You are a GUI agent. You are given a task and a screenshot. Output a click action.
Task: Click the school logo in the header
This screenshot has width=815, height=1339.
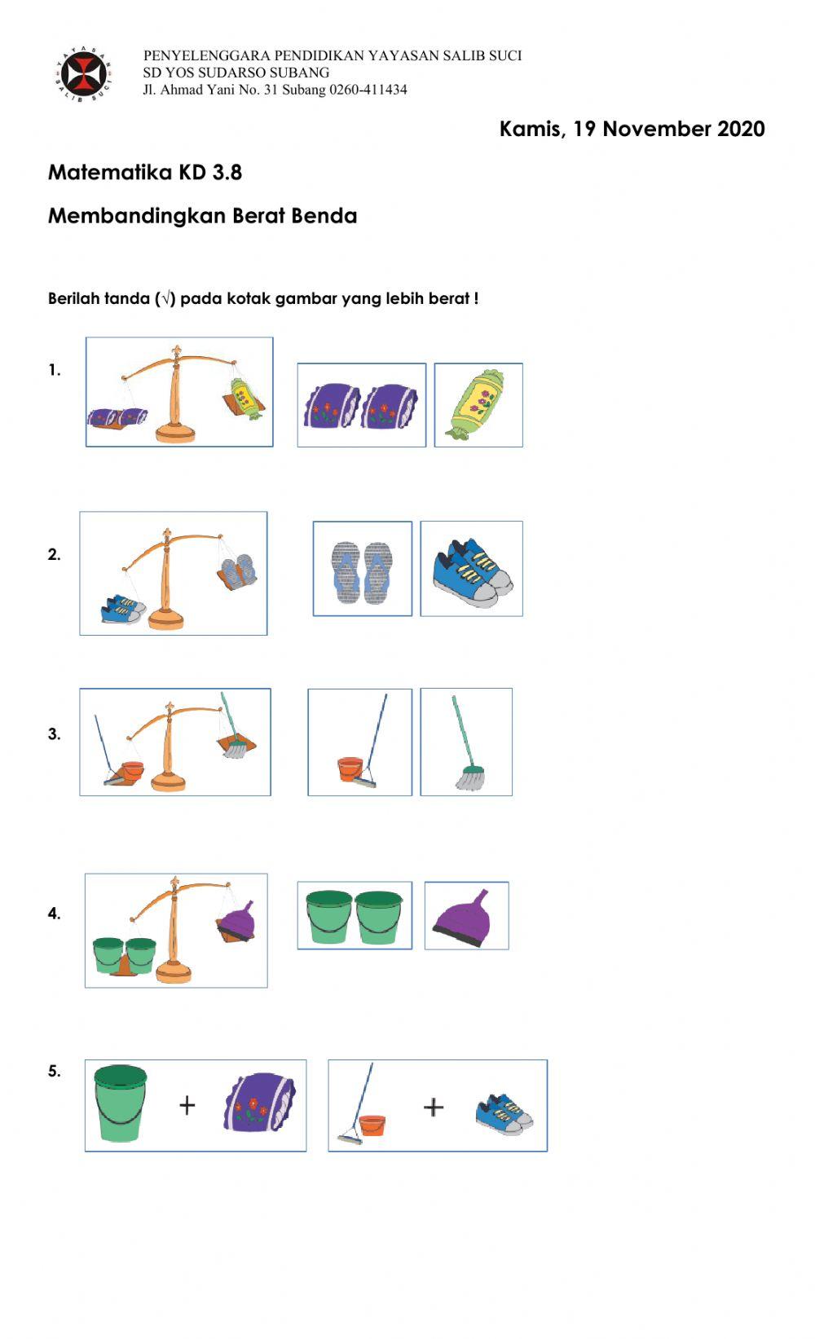tap(85, 75)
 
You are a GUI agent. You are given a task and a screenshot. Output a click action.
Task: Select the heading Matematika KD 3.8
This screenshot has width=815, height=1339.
tap(145, 173)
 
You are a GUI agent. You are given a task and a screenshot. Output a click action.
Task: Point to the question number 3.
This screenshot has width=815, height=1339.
tap(53, 734)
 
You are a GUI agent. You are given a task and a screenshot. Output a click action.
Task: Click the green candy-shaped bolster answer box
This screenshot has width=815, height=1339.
tap(478, 405)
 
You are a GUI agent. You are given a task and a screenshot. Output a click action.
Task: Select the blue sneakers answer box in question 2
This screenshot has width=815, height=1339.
tap(472, 570)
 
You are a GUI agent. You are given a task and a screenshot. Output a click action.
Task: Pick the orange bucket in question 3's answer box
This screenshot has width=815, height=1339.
tap(350, 769)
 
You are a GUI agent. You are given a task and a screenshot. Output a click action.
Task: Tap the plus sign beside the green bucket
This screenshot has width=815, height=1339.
tap(187, 1105)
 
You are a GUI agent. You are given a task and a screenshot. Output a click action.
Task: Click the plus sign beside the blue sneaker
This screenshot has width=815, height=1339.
tap(434, 1107)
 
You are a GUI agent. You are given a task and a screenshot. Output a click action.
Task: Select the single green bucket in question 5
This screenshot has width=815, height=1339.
tap(120, 1103)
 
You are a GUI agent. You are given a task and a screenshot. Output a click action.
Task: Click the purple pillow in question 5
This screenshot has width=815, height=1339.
tap(260, 1103)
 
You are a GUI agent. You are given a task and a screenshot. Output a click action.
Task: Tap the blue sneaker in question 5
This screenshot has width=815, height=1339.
tap(504, 1114)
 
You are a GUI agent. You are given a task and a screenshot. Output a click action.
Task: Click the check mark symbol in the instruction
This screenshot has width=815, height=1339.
tap(165, 299)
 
